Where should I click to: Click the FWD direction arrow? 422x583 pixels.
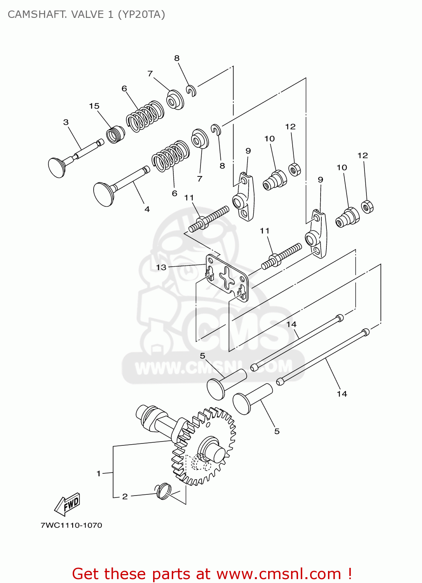68,504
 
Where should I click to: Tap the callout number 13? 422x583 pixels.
161,267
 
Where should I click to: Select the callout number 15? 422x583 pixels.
94,106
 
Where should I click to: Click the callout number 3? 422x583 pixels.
66,122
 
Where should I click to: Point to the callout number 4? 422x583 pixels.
147,209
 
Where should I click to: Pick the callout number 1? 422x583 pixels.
99,473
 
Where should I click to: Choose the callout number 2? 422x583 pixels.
125,497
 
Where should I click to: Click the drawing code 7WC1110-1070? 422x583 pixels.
71,525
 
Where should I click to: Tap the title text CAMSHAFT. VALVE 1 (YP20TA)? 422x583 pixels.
86,14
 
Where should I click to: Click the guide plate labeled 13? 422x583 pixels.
227,278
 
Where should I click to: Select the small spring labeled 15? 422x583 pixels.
115,134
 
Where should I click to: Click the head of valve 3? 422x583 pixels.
57,168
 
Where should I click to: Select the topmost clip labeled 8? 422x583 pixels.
191,90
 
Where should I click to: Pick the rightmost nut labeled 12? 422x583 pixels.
367,206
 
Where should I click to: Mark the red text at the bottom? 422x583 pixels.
212,574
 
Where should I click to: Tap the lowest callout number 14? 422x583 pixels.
342,394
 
